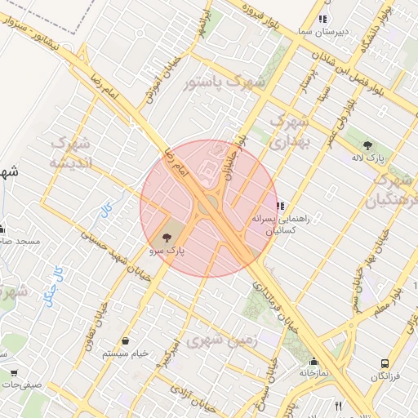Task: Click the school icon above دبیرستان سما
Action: (323, 19)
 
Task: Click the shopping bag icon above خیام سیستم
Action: (126, 341)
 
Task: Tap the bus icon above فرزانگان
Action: (384, 364)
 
